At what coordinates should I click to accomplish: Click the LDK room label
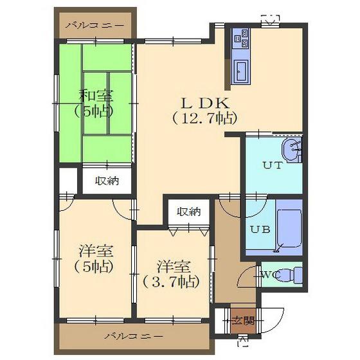coord(205,104)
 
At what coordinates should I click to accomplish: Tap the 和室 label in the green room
coord(96,96)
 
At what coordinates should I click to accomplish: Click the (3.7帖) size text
coord(171,282)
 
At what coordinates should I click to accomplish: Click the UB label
coord(260,229)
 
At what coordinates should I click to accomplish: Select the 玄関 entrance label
coord(243,321)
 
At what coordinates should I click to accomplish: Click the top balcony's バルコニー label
coord(94,25)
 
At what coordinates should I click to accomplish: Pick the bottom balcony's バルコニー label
coord(134,337)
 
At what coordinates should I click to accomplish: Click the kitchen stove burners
coord(241,39)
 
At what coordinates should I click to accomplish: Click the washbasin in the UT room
coord(291,150)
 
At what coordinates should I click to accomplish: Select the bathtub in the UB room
coord(289,229)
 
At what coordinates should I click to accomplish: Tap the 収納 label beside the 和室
coord(107,181)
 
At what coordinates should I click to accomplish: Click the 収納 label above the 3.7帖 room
coord(189,212)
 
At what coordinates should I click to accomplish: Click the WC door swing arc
coord(245,276)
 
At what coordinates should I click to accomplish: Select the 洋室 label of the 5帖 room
coord(96,251)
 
